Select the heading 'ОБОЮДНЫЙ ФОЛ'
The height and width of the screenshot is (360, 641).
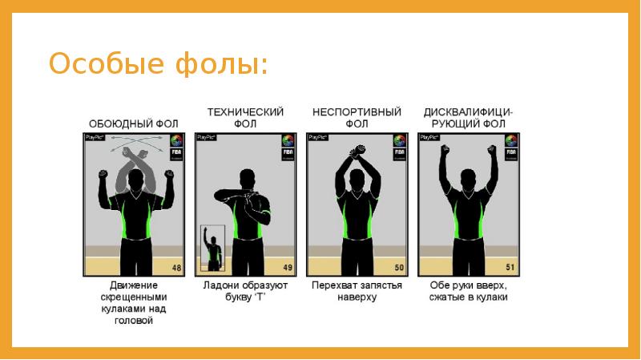click(x=133, y=123)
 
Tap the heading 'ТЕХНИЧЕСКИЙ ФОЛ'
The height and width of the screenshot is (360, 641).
click(x=245, y=118)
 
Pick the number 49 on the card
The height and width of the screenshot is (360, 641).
click(x=286, y=267)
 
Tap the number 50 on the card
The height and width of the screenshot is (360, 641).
click(x=398, y=267)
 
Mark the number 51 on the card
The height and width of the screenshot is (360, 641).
click(x=510, y=267)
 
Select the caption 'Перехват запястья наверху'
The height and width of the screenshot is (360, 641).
click(x=356, y=291)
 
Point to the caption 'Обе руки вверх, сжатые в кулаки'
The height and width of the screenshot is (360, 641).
click(x=468, y=291)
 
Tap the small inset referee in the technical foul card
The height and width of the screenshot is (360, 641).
click(x=213, y=249)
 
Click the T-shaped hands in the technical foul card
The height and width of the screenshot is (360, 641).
click(x=240, y=194)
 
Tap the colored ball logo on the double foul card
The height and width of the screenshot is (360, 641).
click(x=175, y=142)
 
